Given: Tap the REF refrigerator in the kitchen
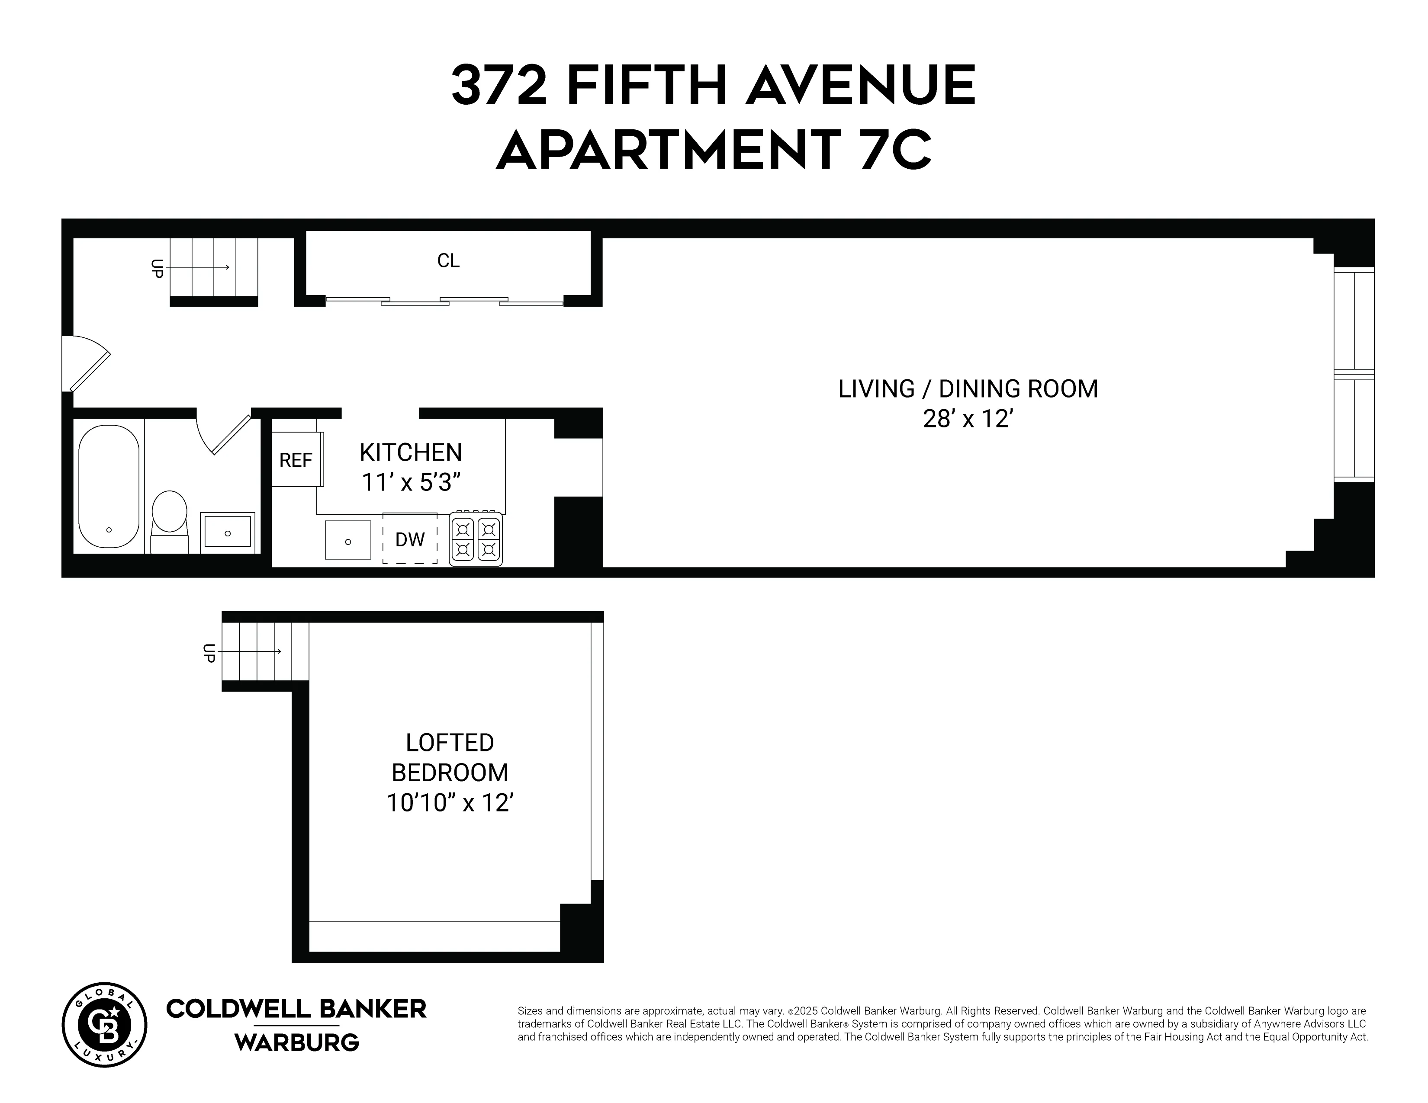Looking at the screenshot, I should (x=296, y=461).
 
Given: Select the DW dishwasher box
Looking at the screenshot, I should (x=410, y=539).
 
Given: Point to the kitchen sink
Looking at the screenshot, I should (x=348, y=540).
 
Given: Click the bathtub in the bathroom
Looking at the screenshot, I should (x=109, y=486).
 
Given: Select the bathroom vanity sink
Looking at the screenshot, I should (x=228, y=531).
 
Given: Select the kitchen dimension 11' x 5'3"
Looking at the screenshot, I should (x=411, y=483).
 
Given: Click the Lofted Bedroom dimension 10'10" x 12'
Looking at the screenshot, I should (x=450, y=802).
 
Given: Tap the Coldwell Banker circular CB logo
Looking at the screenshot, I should (x=105, y=1025).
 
